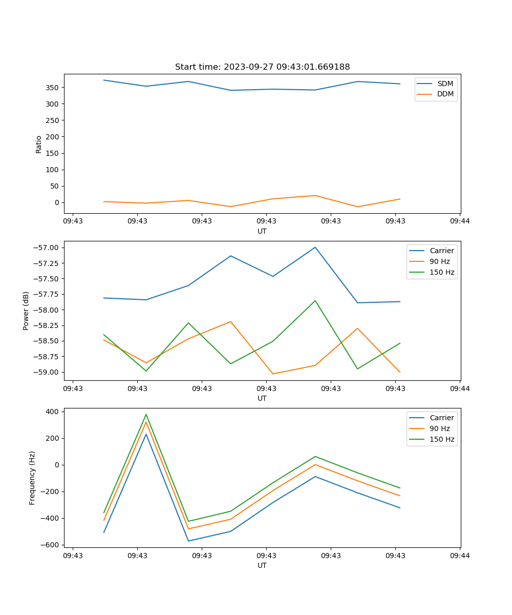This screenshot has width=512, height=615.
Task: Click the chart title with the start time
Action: (262, 67)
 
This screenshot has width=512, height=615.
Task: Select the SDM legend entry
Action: (445, 84)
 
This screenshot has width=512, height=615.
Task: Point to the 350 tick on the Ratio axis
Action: (53, 88)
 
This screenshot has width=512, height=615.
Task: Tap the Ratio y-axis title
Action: (39, 144)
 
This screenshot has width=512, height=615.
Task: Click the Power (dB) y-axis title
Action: (26, 311)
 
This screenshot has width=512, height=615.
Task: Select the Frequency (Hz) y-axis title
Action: (32, 478)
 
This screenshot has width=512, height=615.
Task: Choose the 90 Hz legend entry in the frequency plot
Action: (440, 428)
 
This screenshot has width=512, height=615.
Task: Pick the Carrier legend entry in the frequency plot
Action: (442, 418)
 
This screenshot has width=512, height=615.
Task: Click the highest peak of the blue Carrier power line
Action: (315, 247)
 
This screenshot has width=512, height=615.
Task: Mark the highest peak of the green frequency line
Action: (146, 415)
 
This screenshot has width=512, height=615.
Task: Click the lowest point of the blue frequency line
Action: (188, 541)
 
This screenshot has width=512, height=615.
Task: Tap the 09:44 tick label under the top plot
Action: (460, 221)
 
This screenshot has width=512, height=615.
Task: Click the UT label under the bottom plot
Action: (262, 565)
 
